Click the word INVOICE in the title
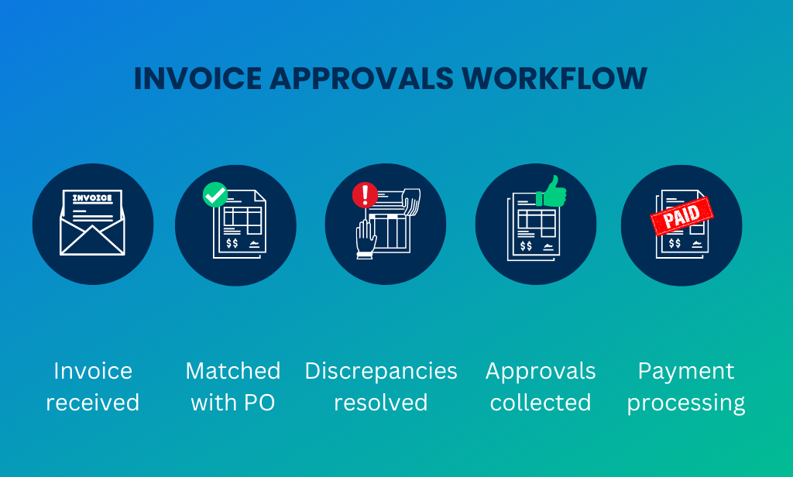click(189, 79)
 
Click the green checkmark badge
click(215, 195)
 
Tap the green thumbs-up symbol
click(551, 192)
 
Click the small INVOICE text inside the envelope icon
click(92, 198)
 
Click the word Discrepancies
click(381, 371)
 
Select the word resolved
click(380, 403)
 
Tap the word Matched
click(233, 371)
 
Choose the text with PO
click(233, 403)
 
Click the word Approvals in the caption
click(541, 371)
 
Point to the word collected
click(541, 403)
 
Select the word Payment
click(685, 371)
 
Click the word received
click(92, 403)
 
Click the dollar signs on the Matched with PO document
click(231, 243)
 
